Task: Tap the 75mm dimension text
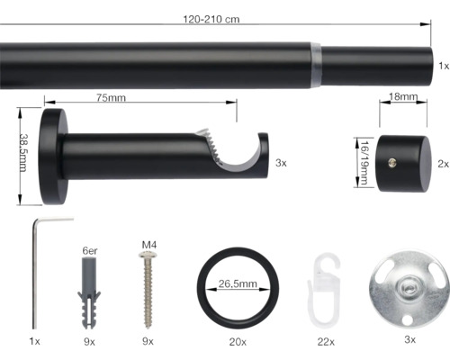click(112, 97)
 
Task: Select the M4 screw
click(148, 288)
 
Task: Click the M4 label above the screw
click(149, 243)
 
